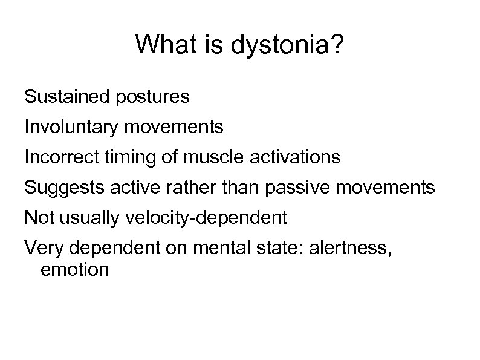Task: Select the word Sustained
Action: click(x=63, y=96)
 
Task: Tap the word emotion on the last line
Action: click(x=75, y=269)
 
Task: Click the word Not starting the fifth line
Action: click(x=37, y=218)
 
